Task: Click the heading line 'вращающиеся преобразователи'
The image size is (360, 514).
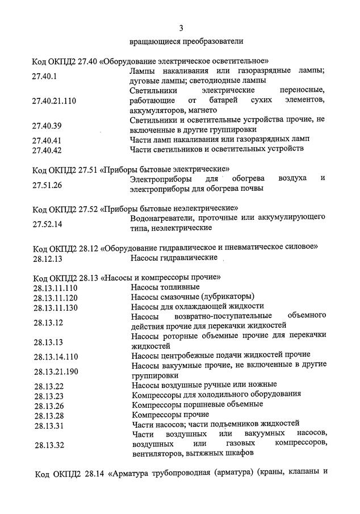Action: point(186,41)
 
